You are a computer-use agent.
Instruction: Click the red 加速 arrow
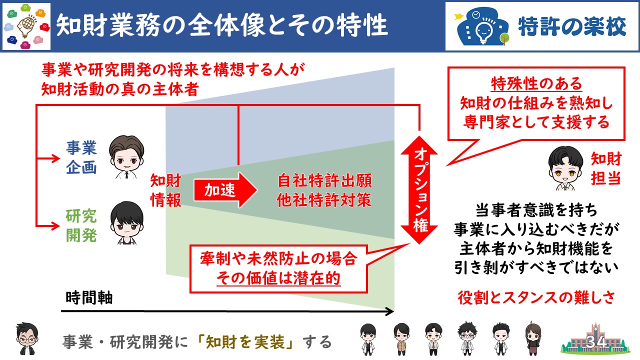225,190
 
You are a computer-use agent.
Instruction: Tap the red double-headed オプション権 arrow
419,189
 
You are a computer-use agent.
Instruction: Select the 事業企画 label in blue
81,157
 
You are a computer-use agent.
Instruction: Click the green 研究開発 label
81,225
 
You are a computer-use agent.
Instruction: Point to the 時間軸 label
89,298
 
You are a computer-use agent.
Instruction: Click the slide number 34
596,341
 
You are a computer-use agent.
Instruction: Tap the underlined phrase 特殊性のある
536,83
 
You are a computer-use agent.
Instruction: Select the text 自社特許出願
325,180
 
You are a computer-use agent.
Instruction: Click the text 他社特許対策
324,199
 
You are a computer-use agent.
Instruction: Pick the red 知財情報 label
165,190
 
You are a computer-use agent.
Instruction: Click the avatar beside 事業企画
126,157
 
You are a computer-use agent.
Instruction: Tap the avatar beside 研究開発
126,223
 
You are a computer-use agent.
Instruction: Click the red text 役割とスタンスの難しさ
536,298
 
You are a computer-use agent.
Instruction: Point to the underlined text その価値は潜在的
278,278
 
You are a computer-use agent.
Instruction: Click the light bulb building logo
483,26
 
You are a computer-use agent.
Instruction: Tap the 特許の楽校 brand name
572,26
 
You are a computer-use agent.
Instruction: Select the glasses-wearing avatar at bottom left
27,338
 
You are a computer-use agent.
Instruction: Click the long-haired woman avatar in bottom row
533,338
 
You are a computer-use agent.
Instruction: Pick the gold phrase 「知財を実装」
245,342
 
